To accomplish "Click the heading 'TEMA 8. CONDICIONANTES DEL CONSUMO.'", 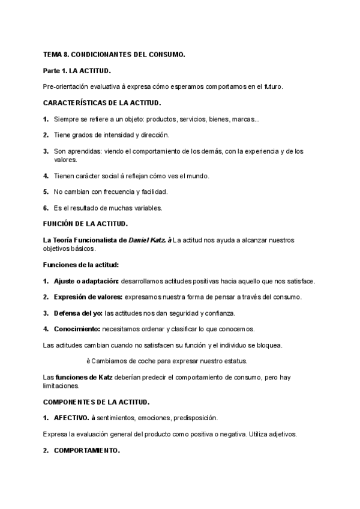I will [114, 55].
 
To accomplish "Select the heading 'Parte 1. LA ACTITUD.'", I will [77, 71].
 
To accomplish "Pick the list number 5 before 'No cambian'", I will [46, 192].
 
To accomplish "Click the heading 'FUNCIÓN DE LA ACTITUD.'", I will [85, 224].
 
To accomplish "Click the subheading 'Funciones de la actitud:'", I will [81, 265].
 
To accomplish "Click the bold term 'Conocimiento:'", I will [76, 329].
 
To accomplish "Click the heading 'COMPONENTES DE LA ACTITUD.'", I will [97, 401].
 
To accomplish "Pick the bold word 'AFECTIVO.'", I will [71, 417].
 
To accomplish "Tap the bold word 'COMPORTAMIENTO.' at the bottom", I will [87, 449].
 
